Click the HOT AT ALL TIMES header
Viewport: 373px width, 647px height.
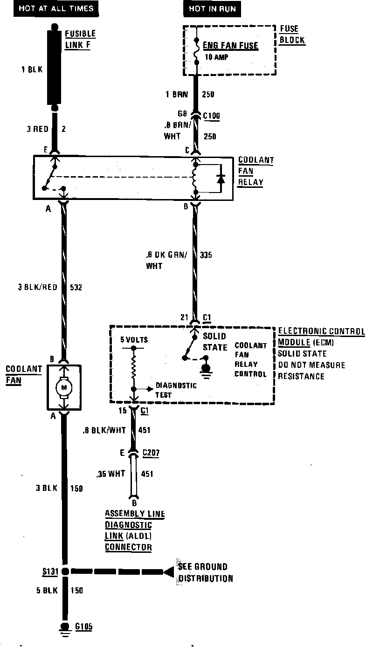[55, 8]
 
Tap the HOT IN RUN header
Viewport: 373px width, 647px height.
[212, 8]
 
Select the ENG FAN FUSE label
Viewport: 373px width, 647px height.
[230, 46]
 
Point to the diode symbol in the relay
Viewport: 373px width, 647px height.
[221, 179]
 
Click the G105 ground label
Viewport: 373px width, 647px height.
[83, 627]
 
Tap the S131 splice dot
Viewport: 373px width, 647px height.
[66, 571]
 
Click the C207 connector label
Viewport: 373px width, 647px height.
[151, 453]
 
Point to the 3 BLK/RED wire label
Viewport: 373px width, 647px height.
[38, 288]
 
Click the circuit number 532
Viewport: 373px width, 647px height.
[76, 288]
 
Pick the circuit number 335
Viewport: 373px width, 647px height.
[206, 255]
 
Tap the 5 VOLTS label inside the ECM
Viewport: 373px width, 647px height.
[134, 340]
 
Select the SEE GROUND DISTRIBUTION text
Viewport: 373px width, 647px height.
[205, 573]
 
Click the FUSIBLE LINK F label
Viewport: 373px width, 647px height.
[80, 39]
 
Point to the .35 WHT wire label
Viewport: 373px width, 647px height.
[111, 475]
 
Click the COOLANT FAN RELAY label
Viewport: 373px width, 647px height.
[256, 171]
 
